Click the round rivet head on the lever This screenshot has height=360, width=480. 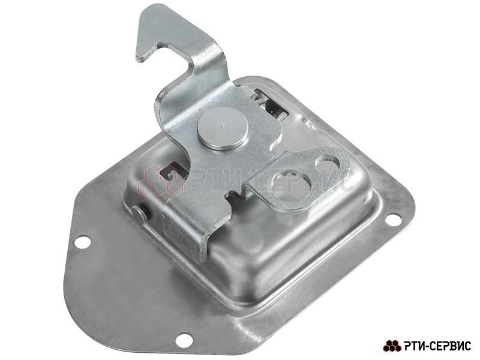click(223, 129)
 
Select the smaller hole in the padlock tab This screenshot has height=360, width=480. click(328, 163)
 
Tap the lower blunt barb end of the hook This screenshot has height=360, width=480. click(140, 58)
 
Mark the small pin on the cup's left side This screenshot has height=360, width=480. click(140, 214)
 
